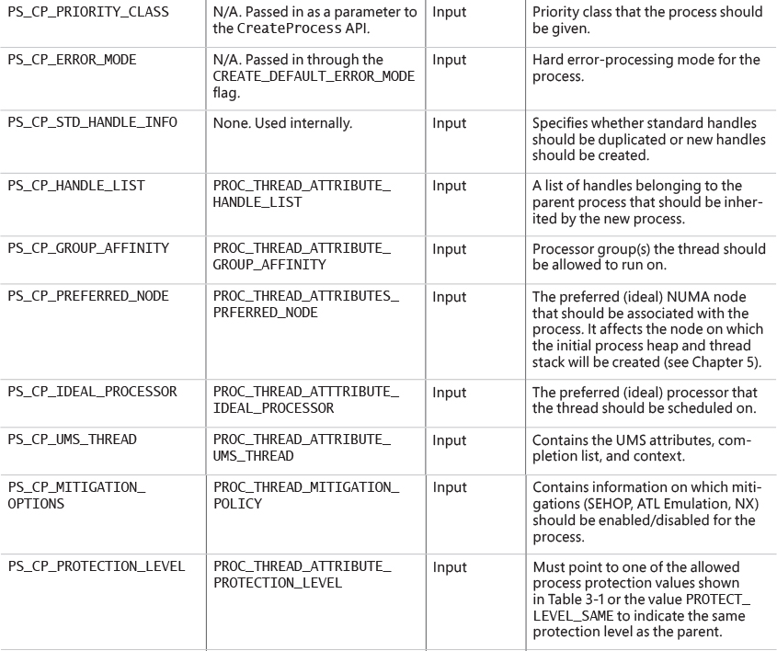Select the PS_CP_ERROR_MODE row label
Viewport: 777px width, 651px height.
coord(71,60)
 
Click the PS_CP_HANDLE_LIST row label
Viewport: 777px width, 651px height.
coord(75,186)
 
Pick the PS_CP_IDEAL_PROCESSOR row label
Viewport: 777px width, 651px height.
coord(92,392)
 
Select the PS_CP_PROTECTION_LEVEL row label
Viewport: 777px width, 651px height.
coord(96,567)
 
